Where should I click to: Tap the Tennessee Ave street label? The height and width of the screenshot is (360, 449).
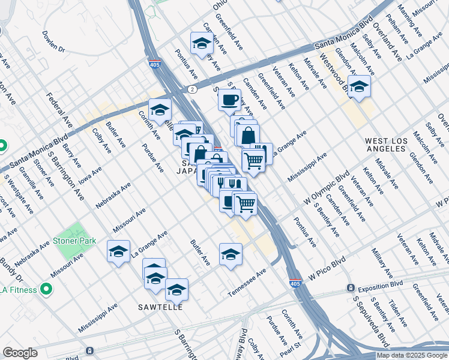coord(247,283)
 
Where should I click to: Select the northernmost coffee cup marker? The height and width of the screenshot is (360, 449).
coord(228,100)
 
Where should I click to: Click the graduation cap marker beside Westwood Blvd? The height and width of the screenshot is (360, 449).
coord(359,87)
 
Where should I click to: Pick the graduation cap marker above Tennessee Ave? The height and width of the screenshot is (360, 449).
coord(231,255)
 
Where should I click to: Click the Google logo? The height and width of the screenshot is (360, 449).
coord(20,353)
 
